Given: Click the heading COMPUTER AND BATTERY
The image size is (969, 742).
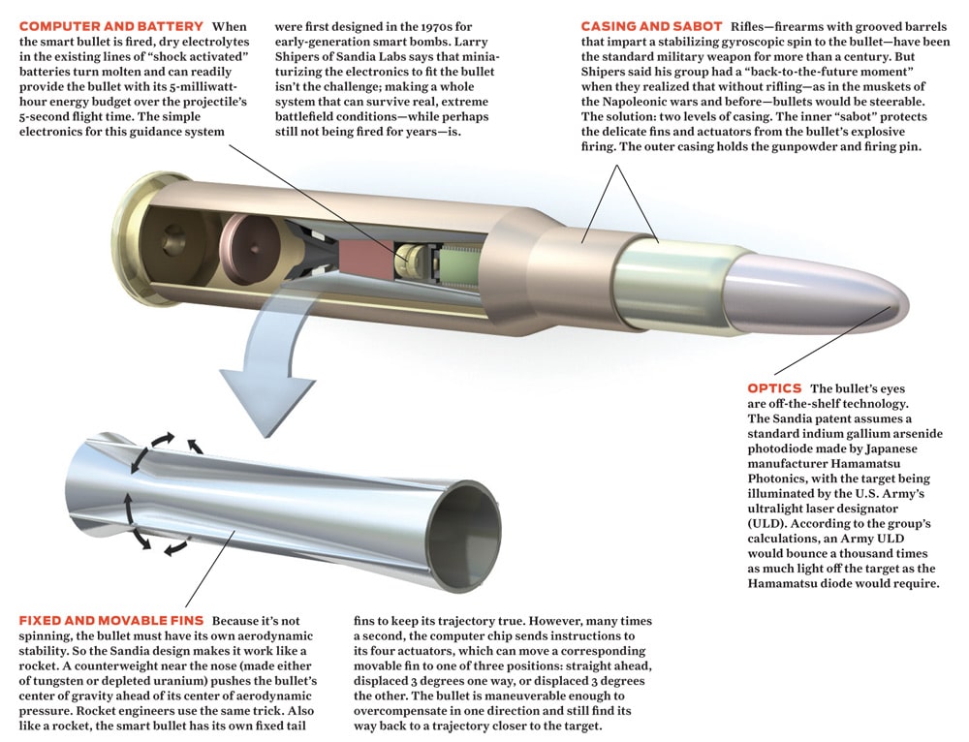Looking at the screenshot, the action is tap(111, 26).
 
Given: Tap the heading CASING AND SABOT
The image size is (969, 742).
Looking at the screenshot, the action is tap(651, 26).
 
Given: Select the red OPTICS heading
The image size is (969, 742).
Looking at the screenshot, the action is tap(774, 388).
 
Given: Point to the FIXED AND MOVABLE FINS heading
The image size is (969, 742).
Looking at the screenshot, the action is tap(111, 621).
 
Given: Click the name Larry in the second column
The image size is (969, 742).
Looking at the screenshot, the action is tap(471, 42).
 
